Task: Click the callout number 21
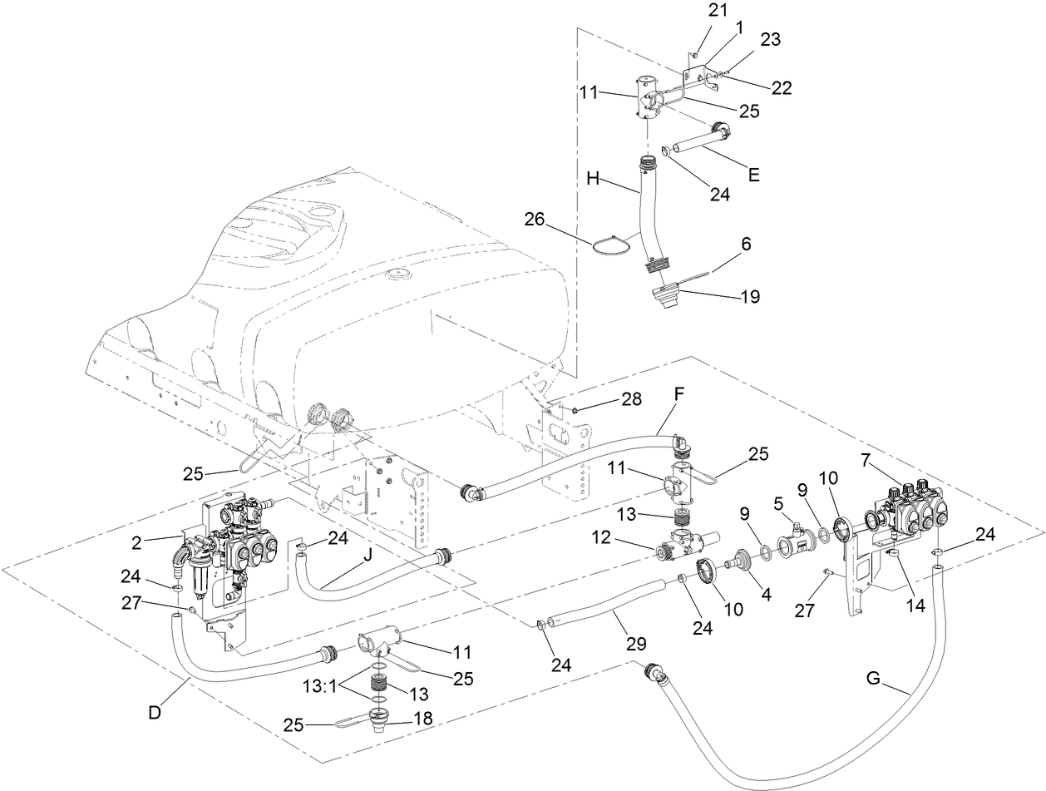pos(718,10)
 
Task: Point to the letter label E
pos(753,175)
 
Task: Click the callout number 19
pos(749,296)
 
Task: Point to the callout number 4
pos(765,595)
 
